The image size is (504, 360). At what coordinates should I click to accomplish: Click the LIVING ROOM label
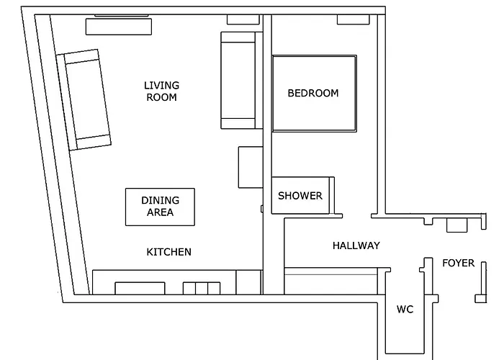click(161, 91)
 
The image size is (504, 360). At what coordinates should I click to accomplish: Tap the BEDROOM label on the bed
click(313, 93)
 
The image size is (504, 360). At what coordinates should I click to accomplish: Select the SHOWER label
click(300, 196)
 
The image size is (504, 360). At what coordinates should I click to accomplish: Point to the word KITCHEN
click(168, 252)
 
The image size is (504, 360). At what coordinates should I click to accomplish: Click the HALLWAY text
click(356, 246)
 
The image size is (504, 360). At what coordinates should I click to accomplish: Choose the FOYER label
click(459, 263)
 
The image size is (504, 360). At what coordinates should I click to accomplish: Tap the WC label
click(405, 309)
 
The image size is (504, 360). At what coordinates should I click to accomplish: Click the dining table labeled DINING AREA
click(160, 207)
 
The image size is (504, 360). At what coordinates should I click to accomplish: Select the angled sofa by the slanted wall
click(84, 99)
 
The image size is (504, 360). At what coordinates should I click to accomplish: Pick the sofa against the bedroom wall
click(242, 81)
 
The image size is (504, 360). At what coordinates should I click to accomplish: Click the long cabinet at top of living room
click(119, 27)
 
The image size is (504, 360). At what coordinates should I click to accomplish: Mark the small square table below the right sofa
click(251, 167)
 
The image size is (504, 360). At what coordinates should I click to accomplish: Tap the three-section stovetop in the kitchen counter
click(202, 288)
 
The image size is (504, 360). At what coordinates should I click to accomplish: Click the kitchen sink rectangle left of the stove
click(140, 288)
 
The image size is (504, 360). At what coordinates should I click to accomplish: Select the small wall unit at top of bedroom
click(354, 19)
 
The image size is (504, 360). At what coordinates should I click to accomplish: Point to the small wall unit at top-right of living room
click(243, 19)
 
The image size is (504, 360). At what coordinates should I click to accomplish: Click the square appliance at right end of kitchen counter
click(248, 282)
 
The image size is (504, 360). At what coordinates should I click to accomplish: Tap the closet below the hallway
click(330, 281)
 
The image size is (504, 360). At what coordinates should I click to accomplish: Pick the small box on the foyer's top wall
click(456, 225)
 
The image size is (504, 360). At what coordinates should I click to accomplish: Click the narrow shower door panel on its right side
click(332, 195)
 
